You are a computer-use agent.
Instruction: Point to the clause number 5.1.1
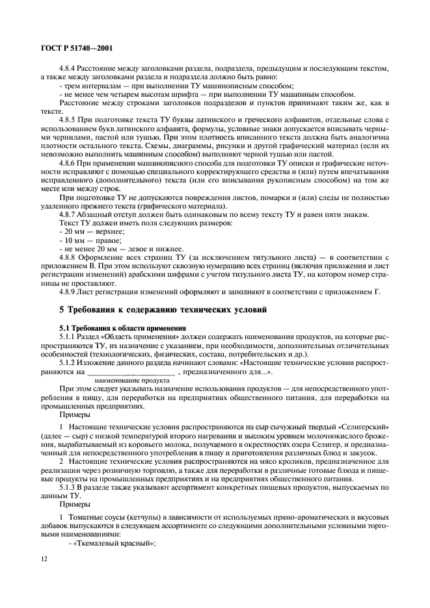(x=68, y=336)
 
